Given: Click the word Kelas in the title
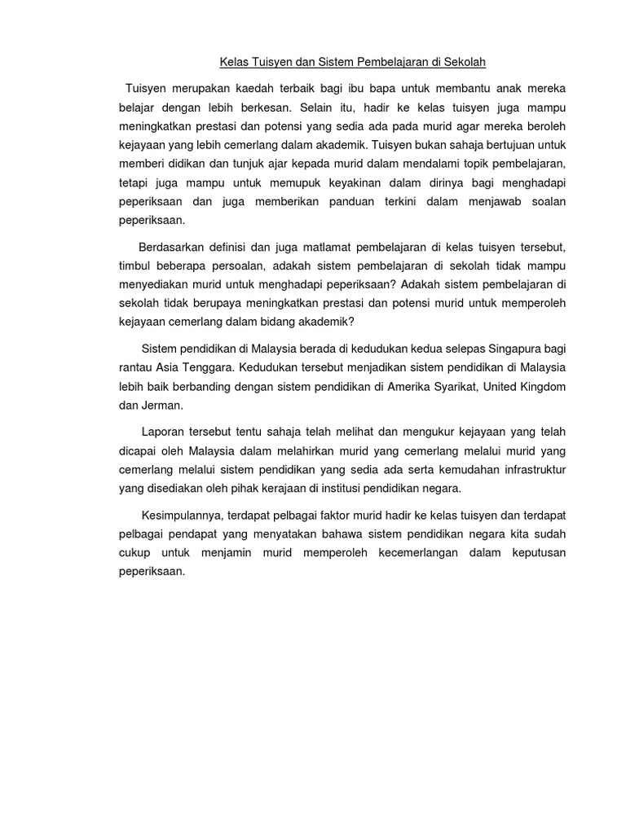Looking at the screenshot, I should click(235, 62).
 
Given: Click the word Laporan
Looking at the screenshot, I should click(164, 432).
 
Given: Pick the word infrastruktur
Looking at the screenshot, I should click(526, 470).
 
